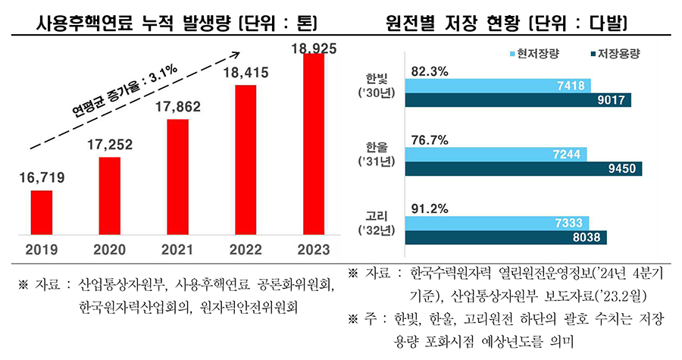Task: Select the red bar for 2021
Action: pyautogui.click(x=177, y=177)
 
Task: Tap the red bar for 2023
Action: pyautogui.click(x=314, y=144)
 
